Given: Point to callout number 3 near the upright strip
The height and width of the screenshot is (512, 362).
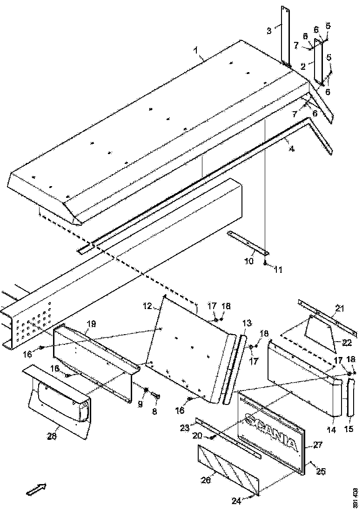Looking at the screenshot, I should (x=269, y=31).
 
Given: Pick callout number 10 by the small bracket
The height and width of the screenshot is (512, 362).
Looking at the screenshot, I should (x=248, y=261).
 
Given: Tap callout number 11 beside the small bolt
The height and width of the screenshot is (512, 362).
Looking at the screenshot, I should (x=277, y=269).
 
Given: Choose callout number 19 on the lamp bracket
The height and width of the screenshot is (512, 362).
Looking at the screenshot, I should (x=91, y=323).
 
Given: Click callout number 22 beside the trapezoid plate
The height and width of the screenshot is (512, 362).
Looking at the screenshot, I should (x=347, y=343).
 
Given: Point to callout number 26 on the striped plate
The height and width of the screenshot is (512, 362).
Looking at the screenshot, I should (x=208, y=478).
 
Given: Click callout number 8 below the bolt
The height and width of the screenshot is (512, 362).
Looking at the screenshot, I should (x=155, y=411).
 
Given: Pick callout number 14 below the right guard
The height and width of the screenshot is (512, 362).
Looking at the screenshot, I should (x=331, y=431).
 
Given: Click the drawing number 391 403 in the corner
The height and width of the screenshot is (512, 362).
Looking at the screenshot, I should (x=355, y=497).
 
